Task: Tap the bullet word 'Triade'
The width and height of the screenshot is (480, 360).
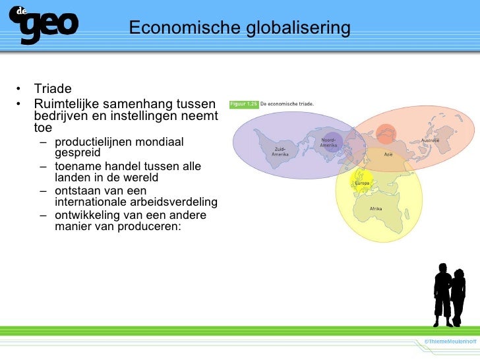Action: click(53, 89)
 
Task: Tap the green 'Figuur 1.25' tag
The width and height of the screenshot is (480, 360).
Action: click(243, 104)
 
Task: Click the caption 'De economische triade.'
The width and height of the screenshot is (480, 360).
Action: click(287, 104)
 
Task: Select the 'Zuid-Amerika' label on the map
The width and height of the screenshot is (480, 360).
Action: click(280, 152)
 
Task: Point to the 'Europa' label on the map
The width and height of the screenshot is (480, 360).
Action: click(362, 183)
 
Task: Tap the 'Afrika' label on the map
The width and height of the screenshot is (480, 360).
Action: click(376, 208)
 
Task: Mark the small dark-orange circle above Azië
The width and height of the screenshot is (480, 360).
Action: click(387, 131)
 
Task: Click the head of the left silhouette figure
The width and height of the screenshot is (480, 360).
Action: click(442, 270)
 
